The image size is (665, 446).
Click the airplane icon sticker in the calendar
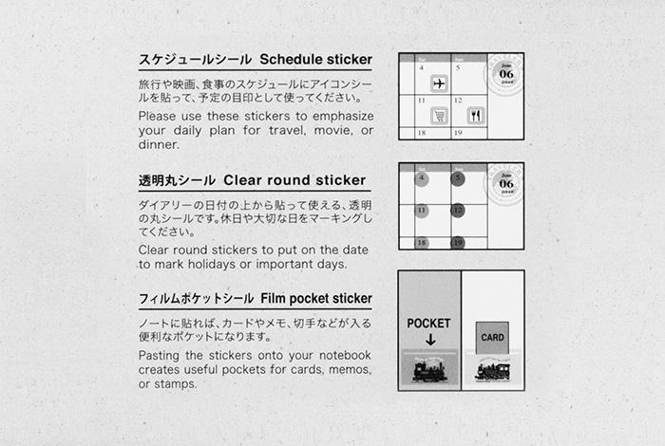coord(438,84)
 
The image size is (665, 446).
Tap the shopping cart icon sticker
coord(438,116)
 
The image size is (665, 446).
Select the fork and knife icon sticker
coord(475,116)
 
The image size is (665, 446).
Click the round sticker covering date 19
coord(459,242)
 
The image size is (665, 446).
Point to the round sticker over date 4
coord(422,178)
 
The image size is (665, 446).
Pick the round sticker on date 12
coord(459,211)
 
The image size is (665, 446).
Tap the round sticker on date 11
coord(422,211)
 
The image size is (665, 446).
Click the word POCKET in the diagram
coord(428,324)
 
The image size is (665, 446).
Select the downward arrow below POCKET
coord(429,340)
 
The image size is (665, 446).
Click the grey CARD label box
coord(492,337)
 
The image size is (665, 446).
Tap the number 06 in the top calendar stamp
coord(506,74)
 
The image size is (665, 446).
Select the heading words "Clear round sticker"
coord(294,179)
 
